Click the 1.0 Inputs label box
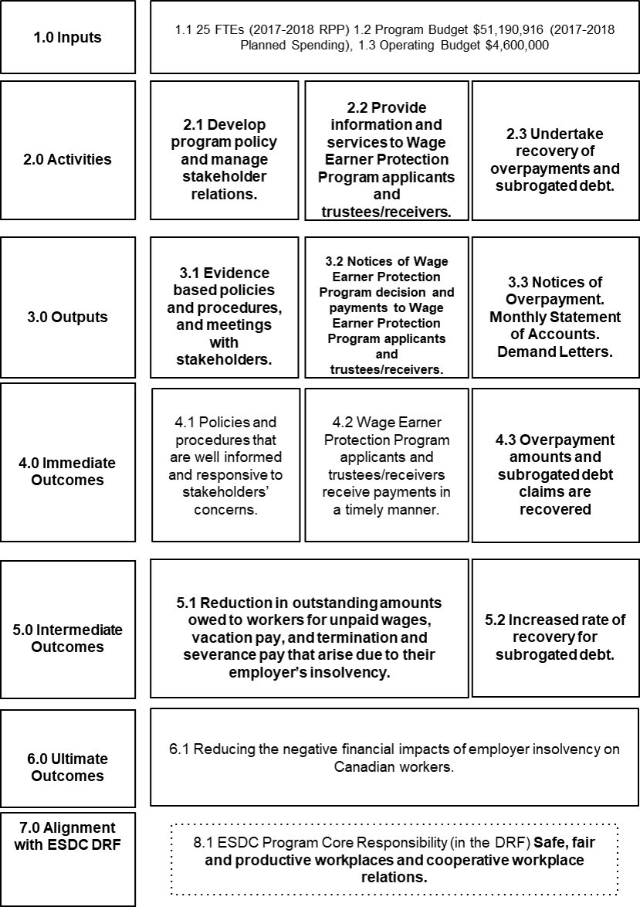67,37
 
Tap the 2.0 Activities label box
67,159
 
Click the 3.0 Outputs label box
67,317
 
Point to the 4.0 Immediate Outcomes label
67,471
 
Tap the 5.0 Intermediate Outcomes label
67,638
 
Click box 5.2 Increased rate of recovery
556,629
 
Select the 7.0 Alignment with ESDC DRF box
67,836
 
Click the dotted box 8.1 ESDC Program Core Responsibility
394,859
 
